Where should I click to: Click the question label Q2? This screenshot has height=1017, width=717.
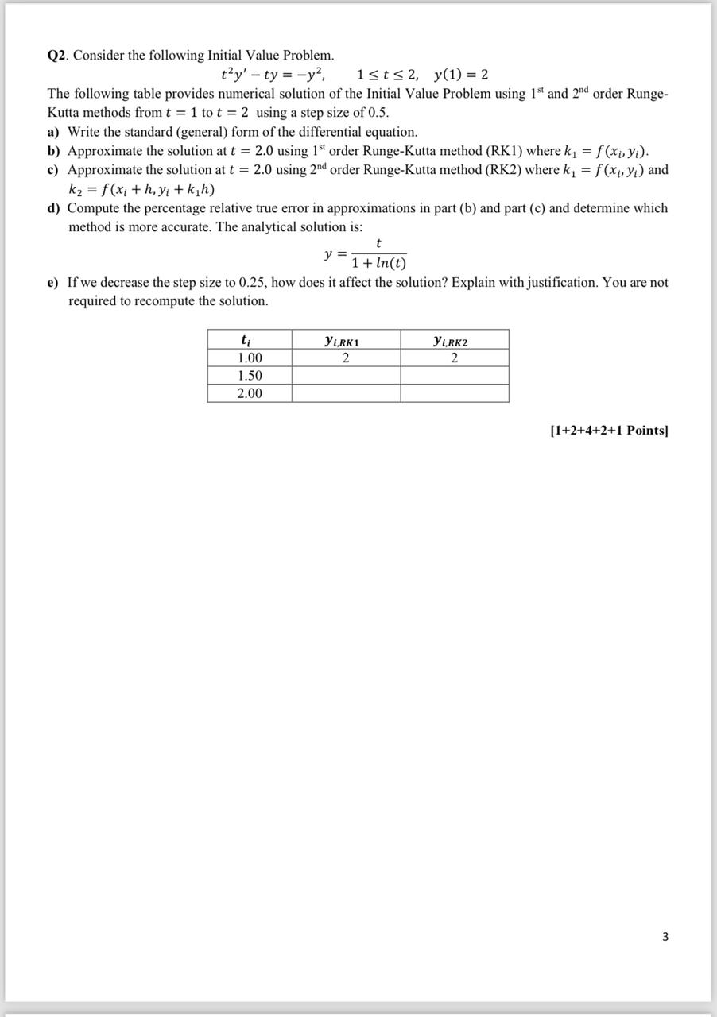click(x=56, y=56)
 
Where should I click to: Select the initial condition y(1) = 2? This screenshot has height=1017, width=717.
click(x=461, y=75)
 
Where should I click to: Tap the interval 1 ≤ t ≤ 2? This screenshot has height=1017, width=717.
click(x=389, y=75)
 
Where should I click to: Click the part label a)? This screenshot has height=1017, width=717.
click(x=55, y=132)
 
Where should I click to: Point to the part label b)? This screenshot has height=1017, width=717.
click(x=55, y=151)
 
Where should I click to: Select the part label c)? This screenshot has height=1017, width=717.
click(x=55, y=170)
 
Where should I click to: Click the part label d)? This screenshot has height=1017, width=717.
click(x=55, y=208)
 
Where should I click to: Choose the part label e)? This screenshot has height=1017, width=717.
click(x=55, y=283)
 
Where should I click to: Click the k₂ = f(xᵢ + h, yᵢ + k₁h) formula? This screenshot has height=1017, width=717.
click(x=141, y=189)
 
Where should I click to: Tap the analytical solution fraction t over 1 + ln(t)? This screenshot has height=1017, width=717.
click(x=378, y=253)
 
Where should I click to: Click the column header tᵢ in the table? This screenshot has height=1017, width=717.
click(x=250, y=340)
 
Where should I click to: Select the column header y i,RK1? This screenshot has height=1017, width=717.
click(x=345, y=340)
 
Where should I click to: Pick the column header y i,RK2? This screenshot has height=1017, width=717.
click(x=454, y=340)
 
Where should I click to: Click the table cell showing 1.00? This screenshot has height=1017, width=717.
click(x=250, y=358)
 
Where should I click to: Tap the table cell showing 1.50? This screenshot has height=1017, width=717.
click(x=250, y=376)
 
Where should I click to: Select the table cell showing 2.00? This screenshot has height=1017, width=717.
click(x=250, y=393)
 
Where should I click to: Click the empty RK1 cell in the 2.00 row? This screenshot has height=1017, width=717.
click(x=345, y=393)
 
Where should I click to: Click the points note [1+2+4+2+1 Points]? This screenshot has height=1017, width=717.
click(x=609, y=431)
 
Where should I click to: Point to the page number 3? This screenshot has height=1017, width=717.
click(x=665, y=937)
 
